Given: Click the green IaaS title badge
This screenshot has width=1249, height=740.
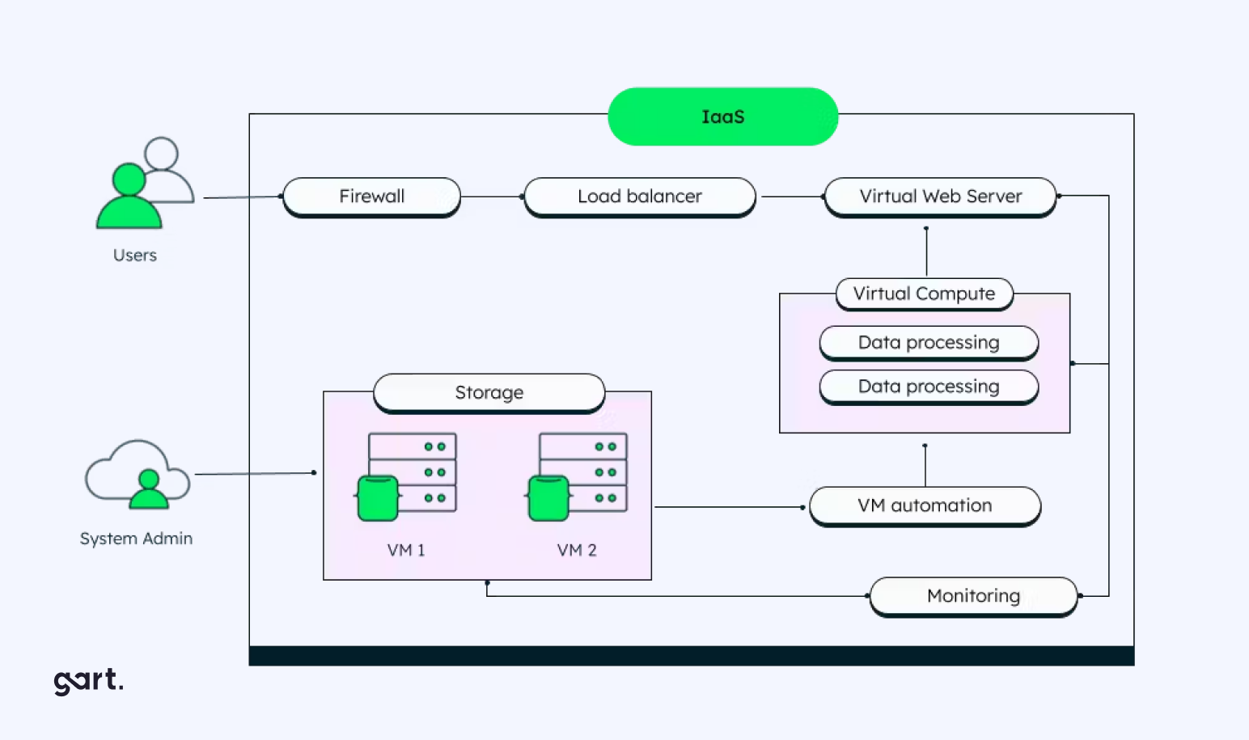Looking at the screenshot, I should pos(722,116).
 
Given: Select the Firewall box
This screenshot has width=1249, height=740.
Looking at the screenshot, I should pos(371,197).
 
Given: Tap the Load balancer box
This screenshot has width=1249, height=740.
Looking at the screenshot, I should pos(639,197).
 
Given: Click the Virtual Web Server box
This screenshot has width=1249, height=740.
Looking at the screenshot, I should pos(940,197).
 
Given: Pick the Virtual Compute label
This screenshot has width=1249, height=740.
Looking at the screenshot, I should pos(924,294).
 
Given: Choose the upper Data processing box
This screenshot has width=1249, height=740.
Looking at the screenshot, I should pos(929,342).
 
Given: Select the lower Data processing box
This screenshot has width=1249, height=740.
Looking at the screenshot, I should pos(929,387).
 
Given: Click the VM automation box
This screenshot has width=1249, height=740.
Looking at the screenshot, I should pos(925,505).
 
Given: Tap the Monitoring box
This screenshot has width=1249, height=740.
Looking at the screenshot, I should pos(973,596).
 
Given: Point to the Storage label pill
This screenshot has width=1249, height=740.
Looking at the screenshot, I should pos(489,392).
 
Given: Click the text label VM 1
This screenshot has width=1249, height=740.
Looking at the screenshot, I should pos(406,550).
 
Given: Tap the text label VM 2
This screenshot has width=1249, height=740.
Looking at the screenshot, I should pos(577,550).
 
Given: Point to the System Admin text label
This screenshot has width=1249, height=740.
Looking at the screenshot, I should pos(136,539).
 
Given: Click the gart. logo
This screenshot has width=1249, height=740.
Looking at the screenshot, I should pos(88,680).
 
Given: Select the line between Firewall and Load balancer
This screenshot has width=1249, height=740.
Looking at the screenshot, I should pos(492,197).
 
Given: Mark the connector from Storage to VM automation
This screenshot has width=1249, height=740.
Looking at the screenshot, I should pos(728,507).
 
